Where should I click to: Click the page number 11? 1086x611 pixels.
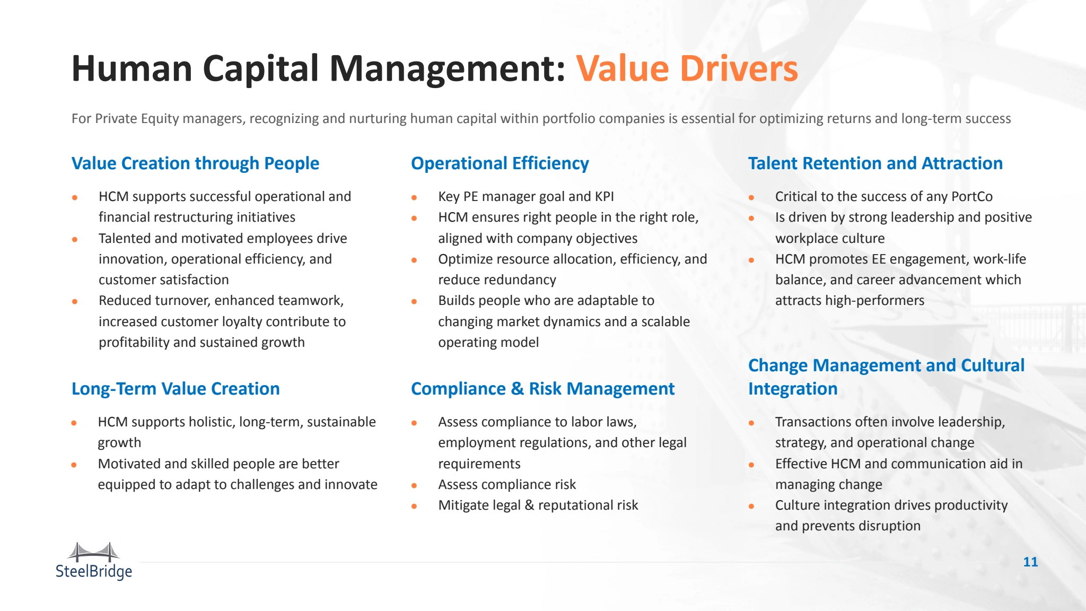1030,562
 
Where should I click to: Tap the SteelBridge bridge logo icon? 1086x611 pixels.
94,552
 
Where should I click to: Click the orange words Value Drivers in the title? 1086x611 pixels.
687,68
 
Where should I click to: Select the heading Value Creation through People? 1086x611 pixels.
195,163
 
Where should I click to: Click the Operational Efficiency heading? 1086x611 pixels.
500,163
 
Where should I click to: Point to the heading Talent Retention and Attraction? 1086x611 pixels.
875,163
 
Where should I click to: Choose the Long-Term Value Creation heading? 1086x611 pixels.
176,389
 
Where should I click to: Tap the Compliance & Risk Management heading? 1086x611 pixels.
543,389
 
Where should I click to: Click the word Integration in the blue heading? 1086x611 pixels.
793,389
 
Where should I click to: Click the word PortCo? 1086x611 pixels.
972,196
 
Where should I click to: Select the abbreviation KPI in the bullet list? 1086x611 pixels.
605,196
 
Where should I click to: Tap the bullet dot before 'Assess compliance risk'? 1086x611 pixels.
414,485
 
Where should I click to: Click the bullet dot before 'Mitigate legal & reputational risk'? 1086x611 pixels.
414,506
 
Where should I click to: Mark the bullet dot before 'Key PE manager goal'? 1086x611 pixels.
414,197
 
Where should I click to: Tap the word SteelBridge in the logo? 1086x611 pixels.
94,571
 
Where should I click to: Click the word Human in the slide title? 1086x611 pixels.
132,68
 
